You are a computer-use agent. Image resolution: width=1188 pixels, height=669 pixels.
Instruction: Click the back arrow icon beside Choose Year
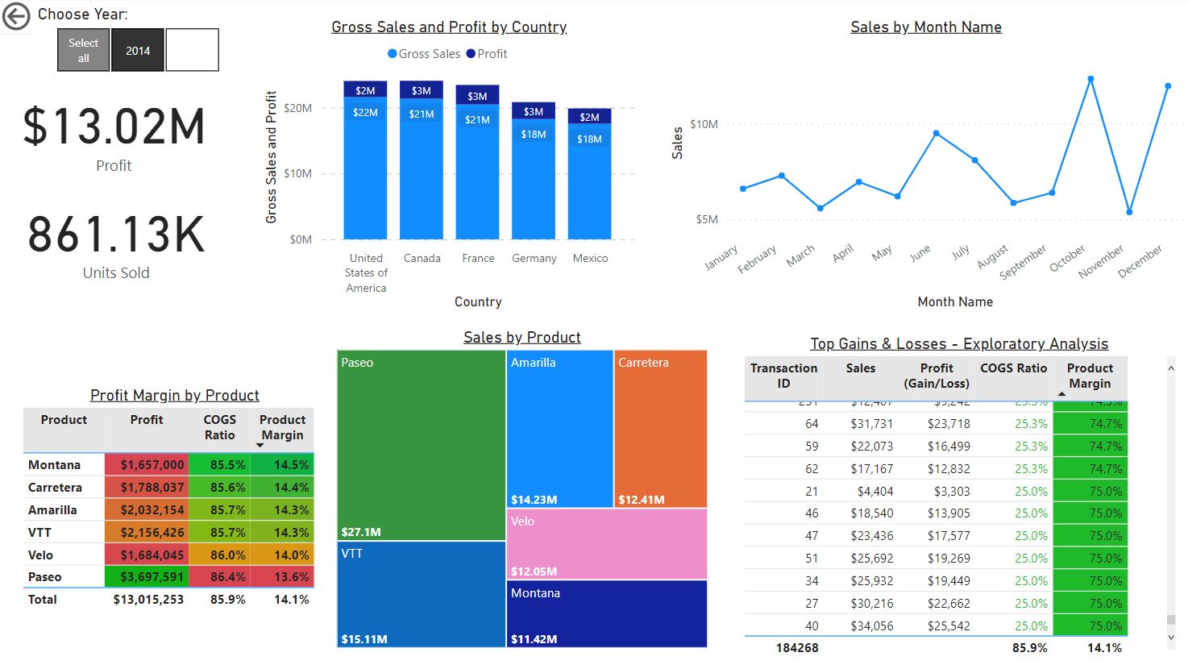tap(16, 16)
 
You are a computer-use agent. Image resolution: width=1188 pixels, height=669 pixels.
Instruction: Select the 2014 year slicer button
tap(138, 50)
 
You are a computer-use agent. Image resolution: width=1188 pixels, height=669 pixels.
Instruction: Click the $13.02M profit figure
tap(114, 127)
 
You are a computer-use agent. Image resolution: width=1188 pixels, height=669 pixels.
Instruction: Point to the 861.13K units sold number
tap(116, 235)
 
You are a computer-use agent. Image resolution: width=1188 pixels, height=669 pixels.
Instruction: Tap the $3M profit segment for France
tap(477, 96)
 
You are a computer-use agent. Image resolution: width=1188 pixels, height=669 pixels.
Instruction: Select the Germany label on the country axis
tap(534, 258)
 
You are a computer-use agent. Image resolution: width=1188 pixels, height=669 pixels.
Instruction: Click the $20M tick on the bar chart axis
tap(297, 108)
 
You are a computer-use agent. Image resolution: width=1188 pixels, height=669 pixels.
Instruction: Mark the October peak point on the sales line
tap(1090, 79)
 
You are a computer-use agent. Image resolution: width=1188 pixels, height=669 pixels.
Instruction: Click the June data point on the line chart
tap(936, 133)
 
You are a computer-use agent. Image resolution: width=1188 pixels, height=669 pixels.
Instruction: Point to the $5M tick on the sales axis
tap(706, 219)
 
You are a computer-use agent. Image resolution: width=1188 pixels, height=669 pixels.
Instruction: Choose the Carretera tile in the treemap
tap(660, 427)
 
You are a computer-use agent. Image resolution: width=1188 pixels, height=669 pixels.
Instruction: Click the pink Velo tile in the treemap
tap(607, 543)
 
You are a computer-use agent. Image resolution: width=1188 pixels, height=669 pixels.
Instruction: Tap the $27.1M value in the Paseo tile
tap(361, 532)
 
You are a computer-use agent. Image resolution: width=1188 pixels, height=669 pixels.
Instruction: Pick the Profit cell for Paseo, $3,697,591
tap(152, 577)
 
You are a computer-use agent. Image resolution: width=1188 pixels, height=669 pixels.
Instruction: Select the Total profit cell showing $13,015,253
tap(148, 600)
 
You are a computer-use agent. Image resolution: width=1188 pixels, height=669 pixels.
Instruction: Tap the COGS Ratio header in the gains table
tap(1013, 368)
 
